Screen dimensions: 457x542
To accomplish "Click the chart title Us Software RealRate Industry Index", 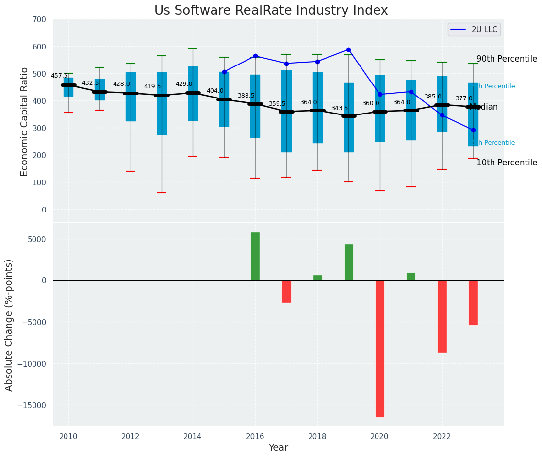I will click(271, 11).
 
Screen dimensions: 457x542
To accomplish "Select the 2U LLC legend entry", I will click(474, 30).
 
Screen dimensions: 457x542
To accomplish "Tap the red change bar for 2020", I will click(379, 348).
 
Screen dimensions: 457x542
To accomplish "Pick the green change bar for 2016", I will click(255, 256).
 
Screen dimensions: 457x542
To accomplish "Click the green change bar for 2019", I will click(348, 262).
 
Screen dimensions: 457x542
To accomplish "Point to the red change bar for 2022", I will click(442, 316).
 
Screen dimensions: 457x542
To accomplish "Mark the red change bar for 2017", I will click(286, 292).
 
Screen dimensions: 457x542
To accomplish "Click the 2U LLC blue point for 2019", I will click(348, 49).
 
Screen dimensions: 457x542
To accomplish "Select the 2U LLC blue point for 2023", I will click(473, 130).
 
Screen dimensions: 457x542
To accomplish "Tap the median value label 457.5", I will click(59, 76).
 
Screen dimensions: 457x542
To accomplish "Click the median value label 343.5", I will click(339, 108).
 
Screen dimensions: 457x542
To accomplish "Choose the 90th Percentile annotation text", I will click(507, 59).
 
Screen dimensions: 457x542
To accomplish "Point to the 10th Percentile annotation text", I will click(507, 163).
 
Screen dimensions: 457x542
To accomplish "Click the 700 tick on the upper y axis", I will click(40, 20).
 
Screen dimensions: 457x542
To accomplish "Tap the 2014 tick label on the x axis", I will click(193, 436).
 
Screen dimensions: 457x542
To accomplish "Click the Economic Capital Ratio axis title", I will click(25, 121).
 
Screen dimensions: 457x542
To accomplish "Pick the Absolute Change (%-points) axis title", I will click(9, 325).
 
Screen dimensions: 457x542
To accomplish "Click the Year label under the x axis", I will click(278, 448).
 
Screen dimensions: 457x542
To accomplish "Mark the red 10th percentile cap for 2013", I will click(162, 193).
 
